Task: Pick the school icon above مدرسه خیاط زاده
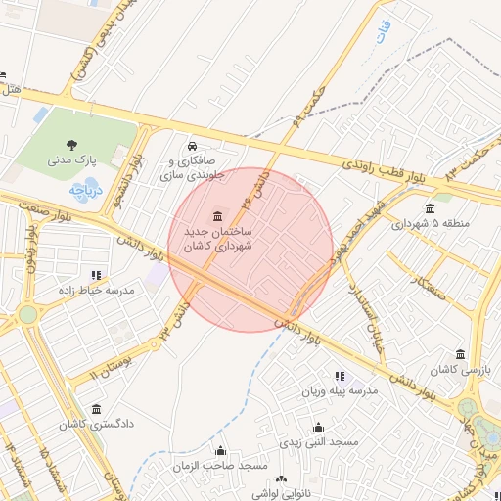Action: click(95, 276)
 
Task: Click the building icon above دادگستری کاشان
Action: click(96, 409)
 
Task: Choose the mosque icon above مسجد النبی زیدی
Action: click(318, 428)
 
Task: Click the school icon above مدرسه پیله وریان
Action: click(340, 376)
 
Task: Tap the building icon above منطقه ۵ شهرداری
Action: click(432, 207)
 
